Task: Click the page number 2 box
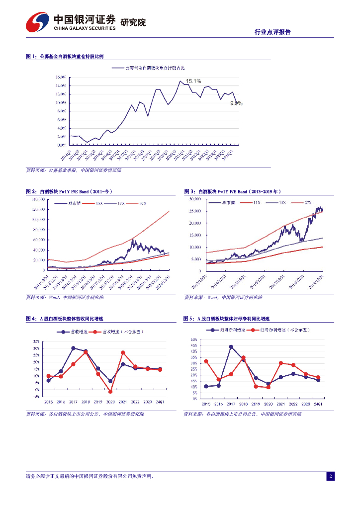330,477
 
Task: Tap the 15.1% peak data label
193,81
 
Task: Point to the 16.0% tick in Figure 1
60,78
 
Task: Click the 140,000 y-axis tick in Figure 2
37,199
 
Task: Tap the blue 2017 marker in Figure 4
73,348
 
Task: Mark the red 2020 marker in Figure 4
110,392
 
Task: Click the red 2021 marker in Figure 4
123,353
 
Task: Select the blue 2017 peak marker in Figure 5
231,347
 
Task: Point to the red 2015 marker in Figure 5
206,361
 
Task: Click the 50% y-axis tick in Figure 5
194,340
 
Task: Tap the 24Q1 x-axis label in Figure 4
160,402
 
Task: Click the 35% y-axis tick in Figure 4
36,342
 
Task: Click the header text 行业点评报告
272,32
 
